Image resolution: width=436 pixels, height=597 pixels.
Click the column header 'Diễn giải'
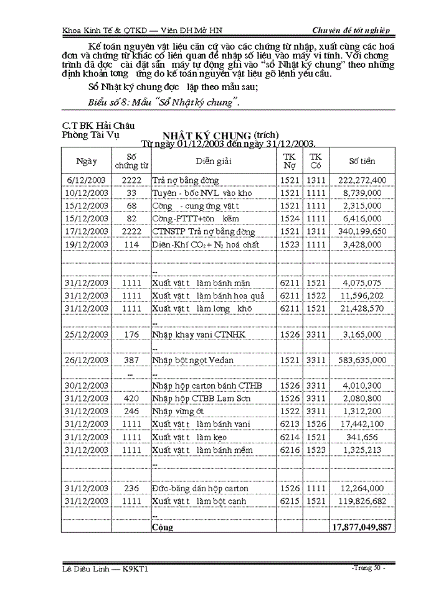point(213,161)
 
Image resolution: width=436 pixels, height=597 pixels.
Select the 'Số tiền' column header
point(362,161)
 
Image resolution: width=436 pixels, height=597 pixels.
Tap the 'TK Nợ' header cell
point(290,161)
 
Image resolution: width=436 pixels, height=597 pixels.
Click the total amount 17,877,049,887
point(361,527)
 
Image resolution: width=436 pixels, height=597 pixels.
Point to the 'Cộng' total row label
point(163,527)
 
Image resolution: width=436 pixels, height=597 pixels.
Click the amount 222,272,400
point(362,180)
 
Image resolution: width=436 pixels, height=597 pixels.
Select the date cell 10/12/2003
point(87,193)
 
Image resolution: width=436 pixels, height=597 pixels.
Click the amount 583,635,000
point(362,360)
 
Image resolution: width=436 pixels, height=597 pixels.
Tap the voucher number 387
point(131,360)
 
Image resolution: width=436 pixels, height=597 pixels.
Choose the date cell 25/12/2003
point(87,335)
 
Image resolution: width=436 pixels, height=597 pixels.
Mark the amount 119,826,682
point(362,501)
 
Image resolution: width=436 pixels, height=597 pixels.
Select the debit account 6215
point(290,501)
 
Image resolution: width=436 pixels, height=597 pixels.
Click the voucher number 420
point(131,398)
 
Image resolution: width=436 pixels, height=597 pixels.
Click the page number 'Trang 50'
point(369,568)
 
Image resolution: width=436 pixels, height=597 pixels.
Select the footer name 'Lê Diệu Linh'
point(88,569)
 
